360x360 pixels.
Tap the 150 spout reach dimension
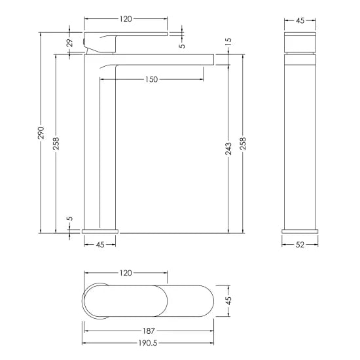152,79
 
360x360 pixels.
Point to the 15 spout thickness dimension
228,42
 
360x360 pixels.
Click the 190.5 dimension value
149,342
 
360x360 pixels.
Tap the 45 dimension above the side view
300,20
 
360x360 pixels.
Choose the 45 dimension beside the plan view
228,302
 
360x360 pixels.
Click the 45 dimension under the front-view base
100,245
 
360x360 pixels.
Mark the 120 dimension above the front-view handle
126,20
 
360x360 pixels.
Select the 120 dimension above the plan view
126,273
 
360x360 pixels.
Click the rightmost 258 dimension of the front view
243,144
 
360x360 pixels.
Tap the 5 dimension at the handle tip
183,45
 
